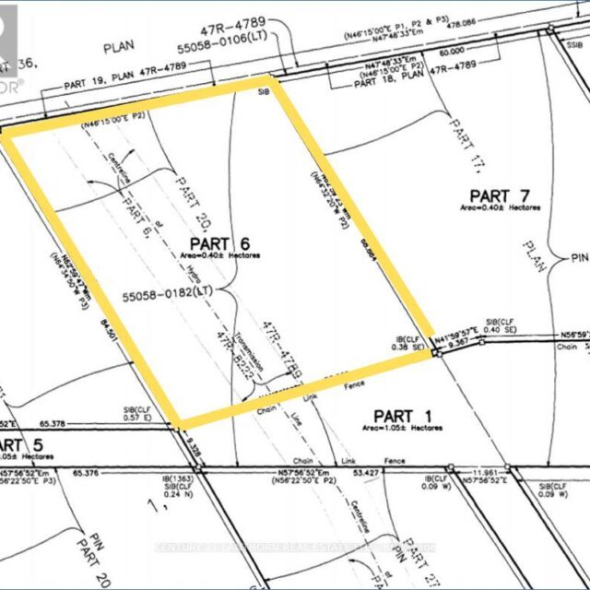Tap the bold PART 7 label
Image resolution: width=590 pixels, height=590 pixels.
coord(500,195)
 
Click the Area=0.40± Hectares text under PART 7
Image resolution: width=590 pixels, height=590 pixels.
coord(502,208)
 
